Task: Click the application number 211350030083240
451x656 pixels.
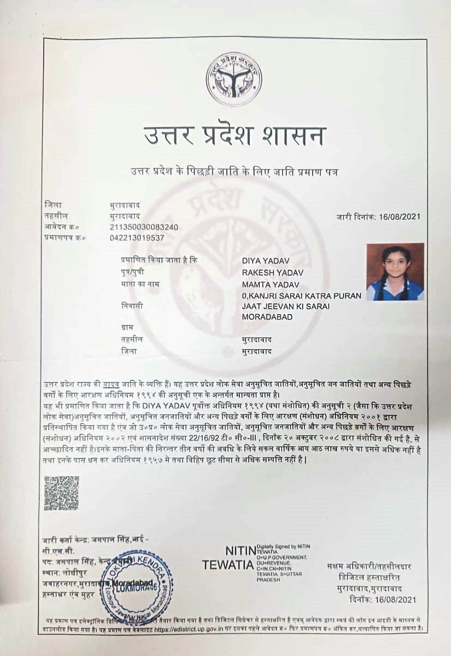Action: pos(144,226)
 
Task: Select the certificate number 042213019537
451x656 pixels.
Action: pos(136,237)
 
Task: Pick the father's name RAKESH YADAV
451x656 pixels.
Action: pos(273,273)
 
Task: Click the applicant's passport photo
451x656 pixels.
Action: pos(395,272)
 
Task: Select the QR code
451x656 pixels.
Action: pos(61,492)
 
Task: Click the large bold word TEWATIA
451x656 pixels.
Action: pos(227,565)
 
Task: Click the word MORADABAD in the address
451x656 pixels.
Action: pos(267,317)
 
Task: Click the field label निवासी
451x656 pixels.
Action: pos(132,306)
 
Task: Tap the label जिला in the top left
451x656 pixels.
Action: pos(52,205)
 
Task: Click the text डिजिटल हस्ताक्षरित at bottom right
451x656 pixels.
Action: pos(373,577)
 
